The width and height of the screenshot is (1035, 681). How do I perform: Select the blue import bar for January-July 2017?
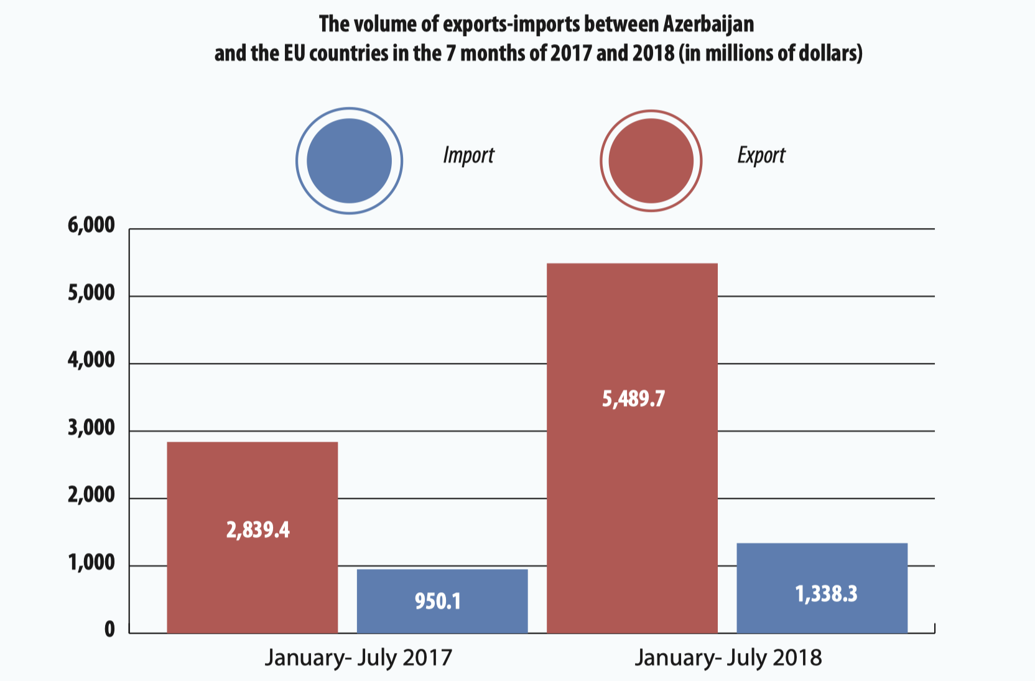pyautogui.click(x=442, y=615)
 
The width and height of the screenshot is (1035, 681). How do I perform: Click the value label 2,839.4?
pyautogui.click(x=258, y=530)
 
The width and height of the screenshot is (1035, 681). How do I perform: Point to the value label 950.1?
pyautogui.click(x=438, y=601)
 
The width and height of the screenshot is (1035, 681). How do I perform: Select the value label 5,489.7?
pyautogui.click(x=633, y=398)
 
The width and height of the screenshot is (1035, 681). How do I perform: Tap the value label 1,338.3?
pyautogui.click(x=826, y=594)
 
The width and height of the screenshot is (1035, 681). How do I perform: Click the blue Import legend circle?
pyautogui.click(x=349, y=161)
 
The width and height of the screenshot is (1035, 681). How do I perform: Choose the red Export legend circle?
pyautogui.click(x=651, y=161)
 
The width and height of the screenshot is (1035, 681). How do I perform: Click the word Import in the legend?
pyautogui.click(x=468, y=155)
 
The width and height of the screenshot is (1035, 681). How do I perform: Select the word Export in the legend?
pyautogui.click(x=761, y=155)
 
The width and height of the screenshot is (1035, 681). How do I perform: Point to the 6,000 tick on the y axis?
pyautogui.click(x=91, y=225)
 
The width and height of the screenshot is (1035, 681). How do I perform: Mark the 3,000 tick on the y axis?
pyautogui.click(x=91, y=427)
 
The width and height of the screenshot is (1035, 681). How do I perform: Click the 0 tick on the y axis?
pyautogui.click(x=109, y=629)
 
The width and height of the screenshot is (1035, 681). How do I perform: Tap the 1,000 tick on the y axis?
pyautogui.click(x=91, y=562)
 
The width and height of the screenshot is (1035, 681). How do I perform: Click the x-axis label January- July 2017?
pyautogui.click(x=358, y=657)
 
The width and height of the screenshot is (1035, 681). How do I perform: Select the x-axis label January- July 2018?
pyautogui.click(x=728, y=657)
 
